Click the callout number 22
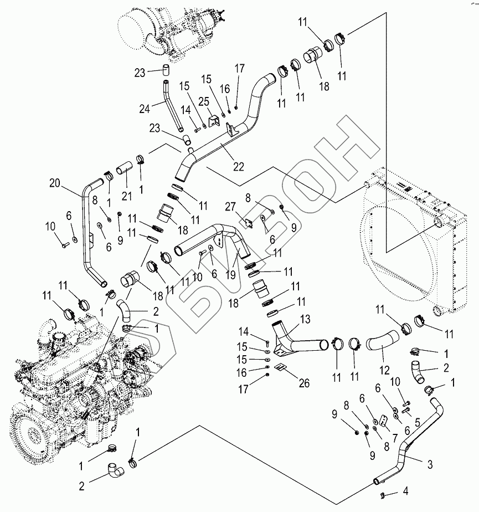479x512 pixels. tap(238, 167)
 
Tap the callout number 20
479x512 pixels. tap(55, 183)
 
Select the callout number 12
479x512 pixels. tap(384, 370)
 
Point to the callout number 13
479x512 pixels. tap(305, 319)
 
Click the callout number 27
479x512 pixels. tap(230, 207)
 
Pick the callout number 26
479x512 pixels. tap(304, 383)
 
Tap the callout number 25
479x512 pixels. tap(204, 101)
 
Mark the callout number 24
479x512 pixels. tap(145, 109)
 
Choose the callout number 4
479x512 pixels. tap(405, 491)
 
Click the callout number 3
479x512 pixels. tap(430, 464)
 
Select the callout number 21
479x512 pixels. tap(127, 196)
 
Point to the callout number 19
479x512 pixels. tap(230, 275)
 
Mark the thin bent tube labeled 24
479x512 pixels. tap(172, 106)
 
